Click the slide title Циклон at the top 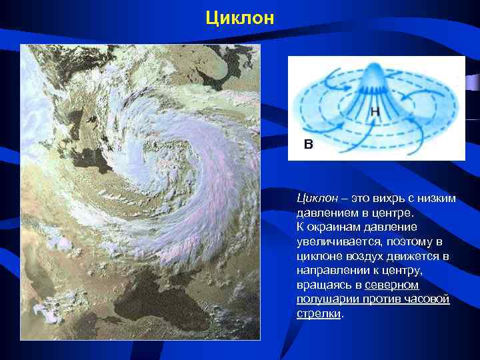coord(240,17)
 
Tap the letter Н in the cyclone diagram coord(375,113)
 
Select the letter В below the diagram coord(307,143)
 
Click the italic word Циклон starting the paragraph coord(315,198)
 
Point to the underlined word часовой coord(429,299)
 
